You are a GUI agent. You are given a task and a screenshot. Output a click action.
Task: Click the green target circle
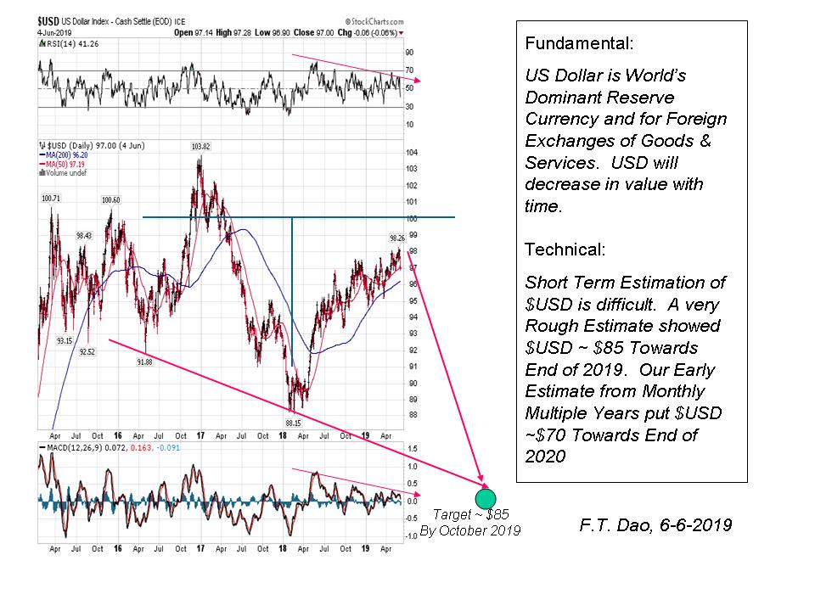click(486, 500)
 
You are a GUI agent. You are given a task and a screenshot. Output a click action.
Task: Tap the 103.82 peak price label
click(201, 147)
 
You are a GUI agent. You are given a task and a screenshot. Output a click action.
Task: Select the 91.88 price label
click(145, 362)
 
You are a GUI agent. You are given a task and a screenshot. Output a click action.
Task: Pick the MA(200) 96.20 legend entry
click(64, 155)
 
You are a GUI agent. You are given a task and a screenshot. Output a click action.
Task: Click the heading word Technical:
click(565, 249)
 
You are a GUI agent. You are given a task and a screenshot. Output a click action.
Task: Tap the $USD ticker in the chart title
click(48, 19)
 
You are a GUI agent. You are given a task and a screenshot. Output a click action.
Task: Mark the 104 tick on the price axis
click(412, 153)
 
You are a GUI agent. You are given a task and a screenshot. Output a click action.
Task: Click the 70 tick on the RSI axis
click(409, 70)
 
